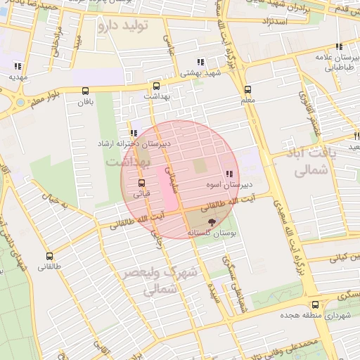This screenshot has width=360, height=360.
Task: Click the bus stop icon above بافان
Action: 86,91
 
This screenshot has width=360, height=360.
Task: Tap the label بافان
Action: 86,102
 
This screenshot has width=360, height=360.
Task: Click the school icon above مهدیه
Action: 18,66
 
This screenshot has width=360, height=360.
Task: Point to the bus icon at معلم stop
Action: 247,89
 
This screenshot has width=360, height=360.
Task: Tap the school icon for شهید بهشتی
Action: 201,62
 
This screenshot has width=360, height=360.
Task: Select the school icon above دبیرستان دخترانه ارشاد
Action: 134,132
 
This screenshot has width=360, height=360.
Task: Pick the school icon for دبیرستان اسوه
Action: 229,174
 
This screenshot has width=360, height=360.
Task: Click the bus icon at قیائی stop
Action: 141,183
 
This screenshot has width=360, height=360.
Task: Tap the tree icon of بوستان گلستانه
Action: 213,221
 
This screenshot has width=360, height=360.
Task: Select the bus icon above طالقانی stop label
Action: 49,256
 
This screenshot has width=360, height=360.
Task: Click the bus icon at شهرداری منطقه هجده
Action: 314,304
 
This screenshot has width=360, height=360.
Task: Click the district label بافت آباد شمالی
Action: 309,160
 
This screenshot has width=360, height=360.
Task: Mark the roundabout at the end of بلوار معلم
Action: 20,103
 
